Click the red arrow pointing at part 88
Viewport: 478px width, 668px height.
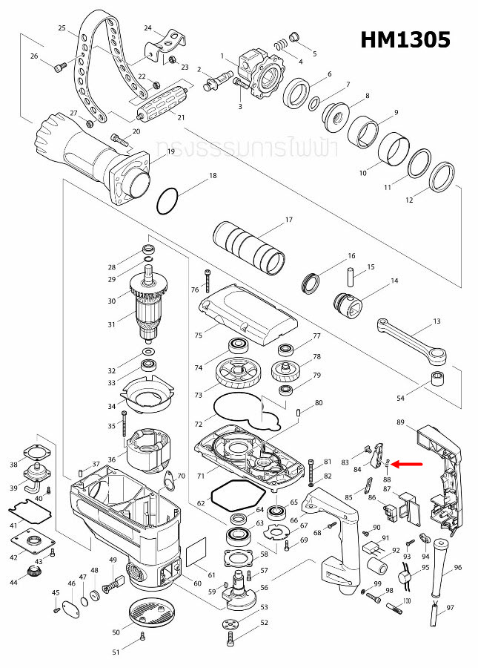pos(407,465)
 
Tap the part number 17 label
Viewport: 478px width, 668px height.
pos(289,220)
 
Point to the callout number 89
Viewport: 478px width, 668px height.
pos(400,422)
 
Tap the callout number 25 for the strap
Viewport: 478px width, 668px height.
pos(62,28)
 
